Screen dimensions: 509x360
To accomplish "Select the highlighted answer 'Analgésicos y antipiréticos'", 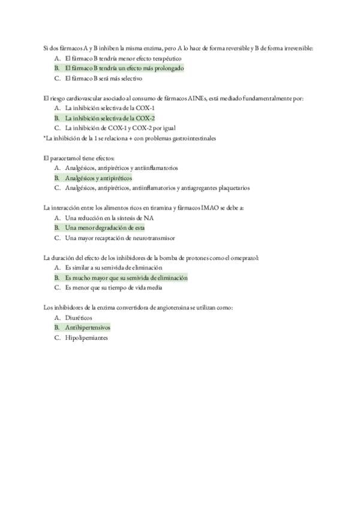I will pos(98,178).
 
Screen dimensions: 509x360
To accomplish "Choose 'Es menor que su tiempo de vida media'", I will pos(113,288).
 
